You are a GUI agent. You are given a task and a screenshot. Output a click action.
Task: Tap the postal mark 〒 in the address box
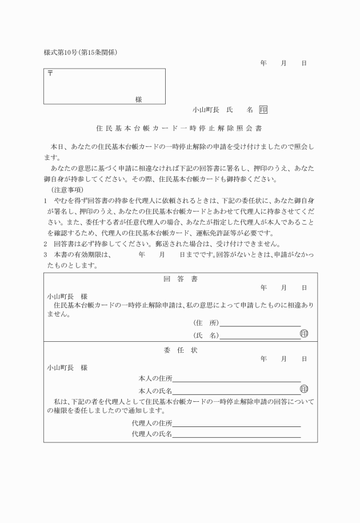pos(50,74)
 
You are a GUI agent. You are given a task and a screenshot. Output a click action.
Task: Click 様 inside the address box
pos(138,99)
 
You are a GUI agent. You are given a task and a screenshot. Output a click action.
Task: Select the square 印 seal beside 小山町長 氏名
pos(263,109)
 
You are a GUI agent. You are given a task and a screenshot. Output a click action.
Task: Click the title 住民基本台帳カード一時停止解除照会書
pos(179,128)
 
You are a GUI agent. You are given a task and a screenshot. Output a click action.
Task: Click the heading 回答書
pos(181,279)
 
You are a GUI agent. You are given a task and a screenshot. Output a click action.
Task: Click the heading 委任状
pos(181,350)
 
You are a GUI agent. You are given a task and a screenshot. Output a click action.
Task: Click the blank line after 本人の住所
pos(237,380)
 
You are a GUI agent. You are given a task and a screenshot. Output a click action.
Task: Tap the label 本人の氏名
pos(155,390)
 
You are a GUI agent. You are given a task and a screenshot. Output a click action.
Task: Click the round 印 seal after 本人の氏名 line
pos(304,389)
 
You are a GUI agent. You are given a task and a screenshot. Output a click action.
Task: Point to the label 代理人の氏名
pos(151,435)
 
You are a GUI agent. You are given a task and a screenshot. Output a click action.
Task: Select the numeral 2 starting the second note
pos(45,244)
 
